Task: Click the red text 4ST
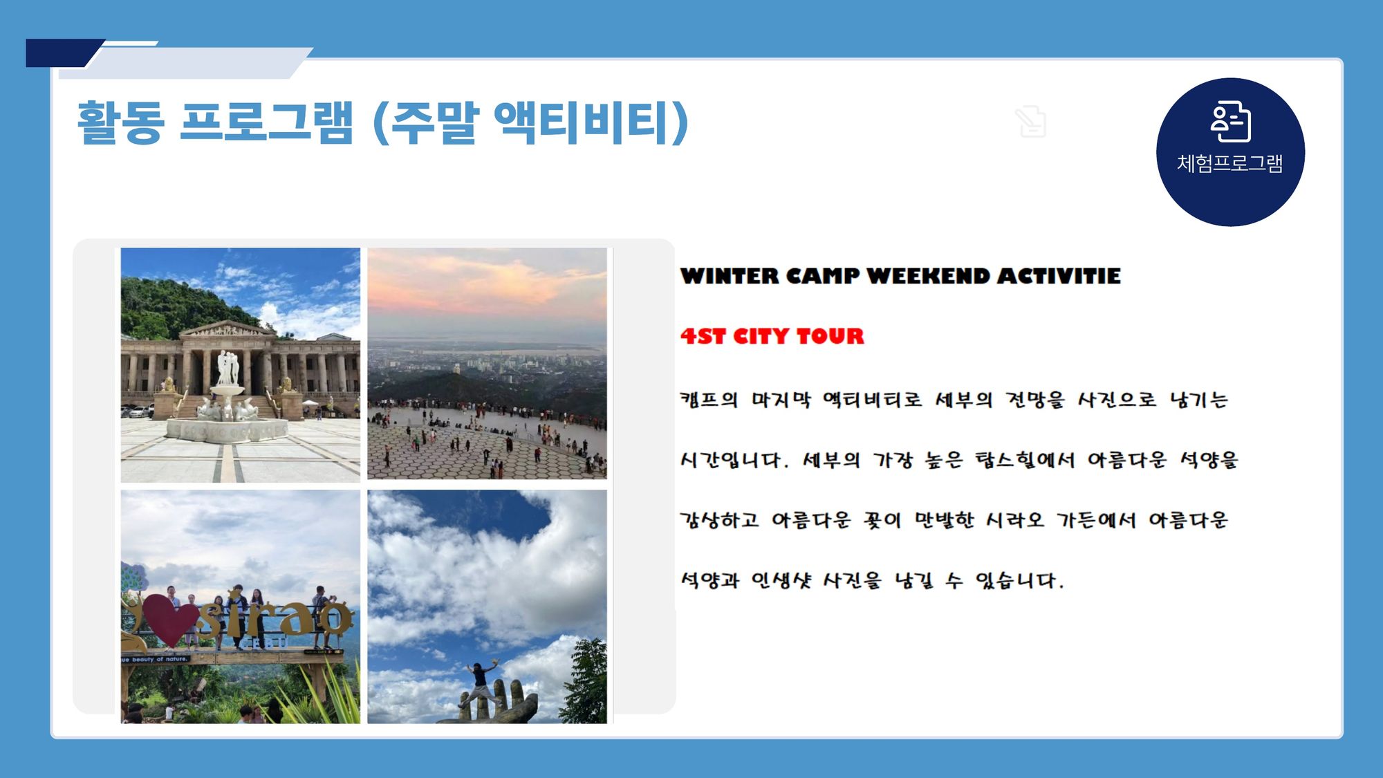coord(703,336)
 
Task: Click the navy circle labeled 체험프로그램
coord(1230,152)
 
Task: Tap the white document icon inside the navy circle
coord(1230,121)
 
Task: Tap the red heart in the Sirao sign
coord(169,618)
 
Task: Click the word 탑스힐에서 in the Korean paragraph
coord(1024,460)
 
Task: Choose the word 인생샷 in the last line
coord(781,580)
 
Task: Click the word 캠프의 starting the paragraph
coord(709,400)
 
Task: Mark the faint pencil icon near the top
coord(1031,122)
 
